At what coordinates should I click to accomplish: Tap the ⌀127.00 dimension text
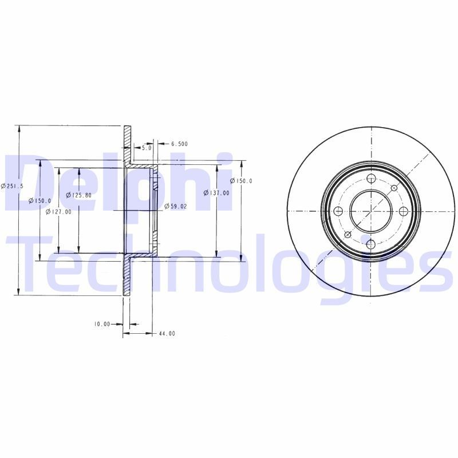(58, 212)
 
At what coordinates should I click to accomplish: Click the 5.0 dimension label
(146, 148)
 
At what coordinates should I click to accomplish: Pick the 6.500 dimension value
(179, 144)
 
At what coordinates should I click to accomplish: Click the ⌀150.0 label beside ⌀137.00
(241, 181)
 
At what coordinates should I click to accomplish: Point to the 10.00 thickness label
(102, 324)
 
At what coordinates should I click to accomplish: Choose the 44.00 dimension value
(167, 333)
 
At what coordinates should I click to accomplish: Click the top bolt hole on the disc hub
(370, 178)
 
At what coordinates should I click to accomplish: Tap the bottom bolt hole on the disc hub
(370, 244)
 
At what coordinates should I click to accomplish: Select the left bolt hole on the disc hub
(338, 211)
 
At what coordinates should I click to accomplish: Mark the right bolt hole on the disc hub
(404, 211)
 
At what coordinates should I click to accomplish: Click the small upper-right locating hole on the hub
(394, 188)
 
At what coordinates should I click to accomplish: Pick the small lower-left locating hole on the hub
(348, 235)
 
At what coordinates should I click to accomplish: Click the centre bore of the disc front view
(370, 211)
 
